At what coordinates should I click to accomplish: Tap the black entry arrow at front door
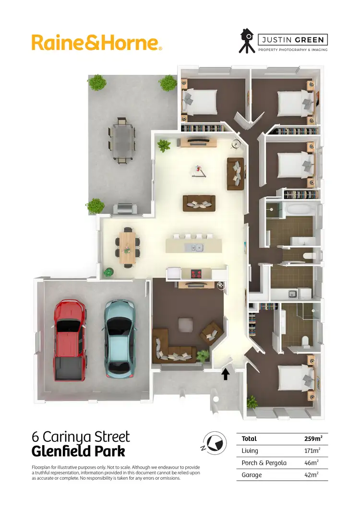click(226, 373)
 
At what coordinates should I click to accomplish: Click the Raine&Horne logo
click(96, 42)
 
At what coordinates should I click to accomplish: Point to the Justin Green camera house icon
click(247, 41)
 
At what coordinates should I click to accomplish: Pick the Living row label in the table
click(250, 450)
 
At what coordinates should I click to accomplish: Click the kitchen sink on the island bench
click(195, 248)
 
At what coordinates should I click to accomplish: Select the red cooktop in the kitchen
click(197, 274)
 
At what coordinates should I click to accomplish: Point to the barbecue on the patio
click(124, 208)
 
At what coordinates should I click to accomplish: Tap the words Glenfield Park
click(78, 451)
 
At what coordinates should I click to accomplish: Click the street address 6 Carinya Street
click(81, 437)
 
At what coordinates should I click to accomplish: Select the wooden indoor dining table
click(128, 246)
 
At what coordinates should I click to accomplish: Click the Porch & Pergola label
click(264, 462)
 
